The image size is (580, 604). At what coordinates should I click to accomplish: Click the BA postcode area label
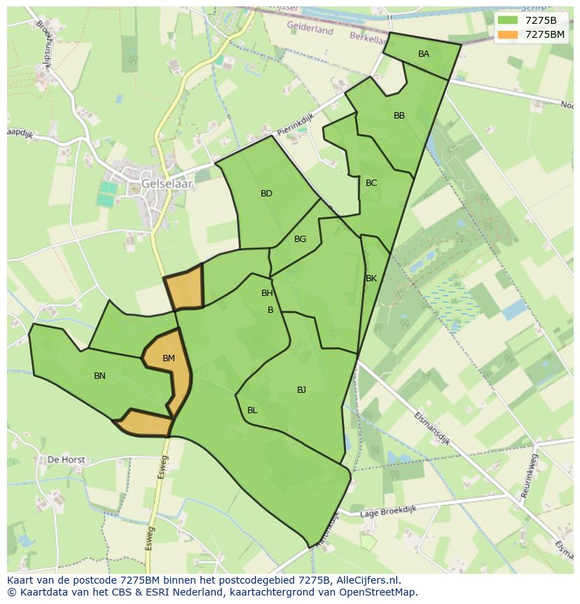[424, 54]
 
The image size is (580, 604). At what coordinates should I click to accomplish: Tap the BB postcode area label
[399, 116]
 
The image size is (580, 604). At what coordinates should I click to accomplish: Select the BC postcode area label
[371, 183]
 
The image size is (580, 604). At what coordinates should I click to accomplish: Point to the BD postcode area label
[266, 194]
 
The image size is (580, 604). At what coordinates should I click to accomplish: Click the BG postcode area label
[300, 239]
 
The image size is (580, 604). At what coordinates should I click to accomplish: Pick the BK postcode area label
[371, 278]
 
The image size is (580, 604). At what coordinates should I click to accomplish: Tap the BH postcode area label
[267, 293]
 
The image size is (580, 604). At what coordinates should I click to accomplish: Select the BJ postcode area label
[301, 390]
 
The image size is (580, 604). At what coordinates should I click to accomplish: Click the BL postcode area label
[252, 410]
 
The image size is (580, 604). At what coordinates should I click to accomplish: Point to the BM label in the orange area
[169, 358]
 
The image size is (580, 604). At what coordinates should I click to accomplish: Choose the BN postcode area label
[99, 376]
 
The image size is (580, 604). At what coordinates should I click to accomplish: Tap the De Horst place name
[66, 460]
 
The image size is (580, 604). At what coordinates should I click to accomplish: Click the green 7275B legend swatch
[508, 20]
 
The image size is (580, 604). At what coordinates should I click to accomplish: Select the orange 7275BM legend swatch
[508, 34]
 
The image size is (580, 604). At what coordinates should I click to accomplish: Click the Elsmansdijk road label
[431, 429]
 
